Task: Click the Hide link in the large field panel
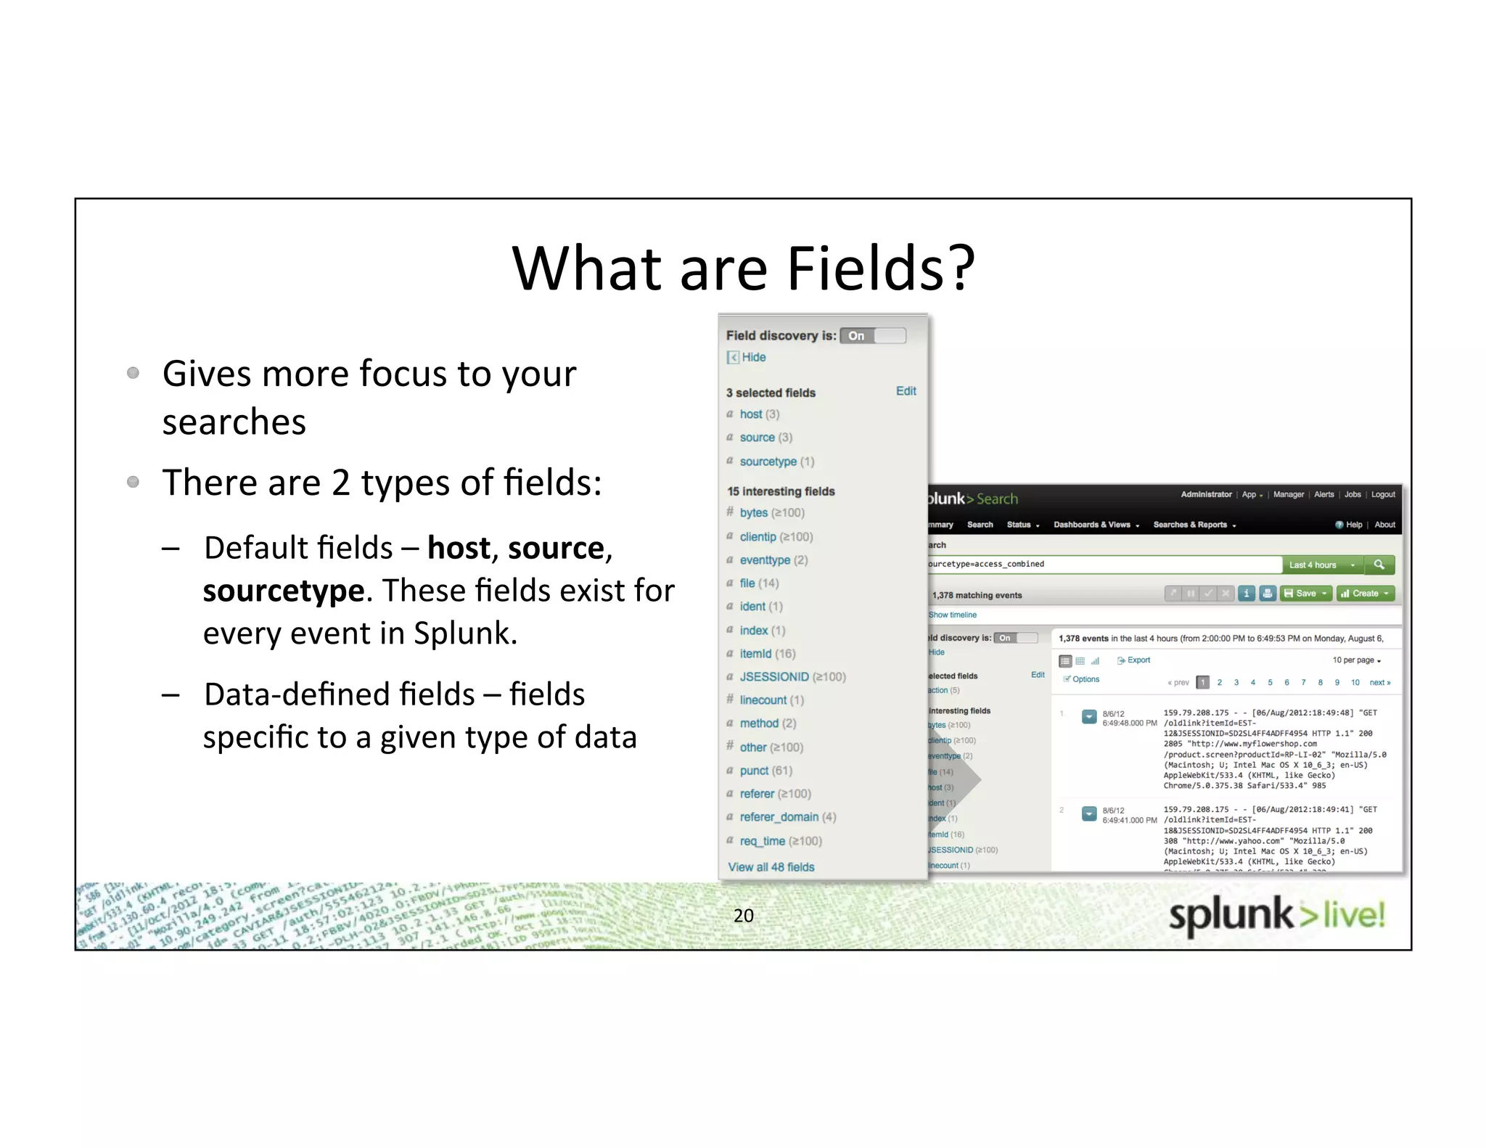pos(753,357)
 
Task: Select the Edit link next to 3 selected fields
pos(906,391)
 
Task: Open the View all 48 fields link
pos(771,867)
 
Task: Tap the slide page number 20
pos(743,916)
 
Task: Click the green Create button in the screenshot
pos(1365,594)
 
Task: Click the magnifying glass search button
pos(1379,565)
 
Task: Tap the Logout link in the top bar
pos(1383,495)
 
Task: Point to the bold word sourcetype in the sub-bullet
pos(283,591)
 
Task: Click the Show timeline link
pos(953,615)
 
